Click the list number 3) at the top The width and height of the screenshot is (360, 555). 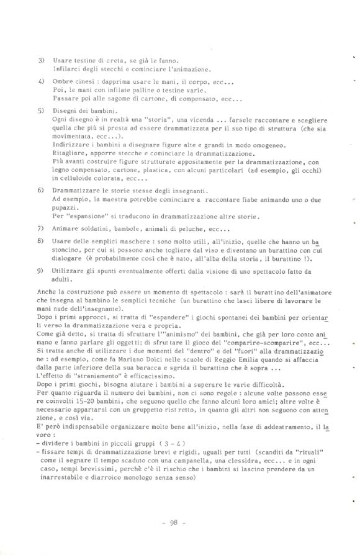click(x=41, y=60)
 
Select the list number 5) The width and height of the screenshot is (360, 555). click(x=41, y=111)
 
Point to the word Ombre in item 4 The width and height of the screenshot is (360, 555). click(x=63, y=82)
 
